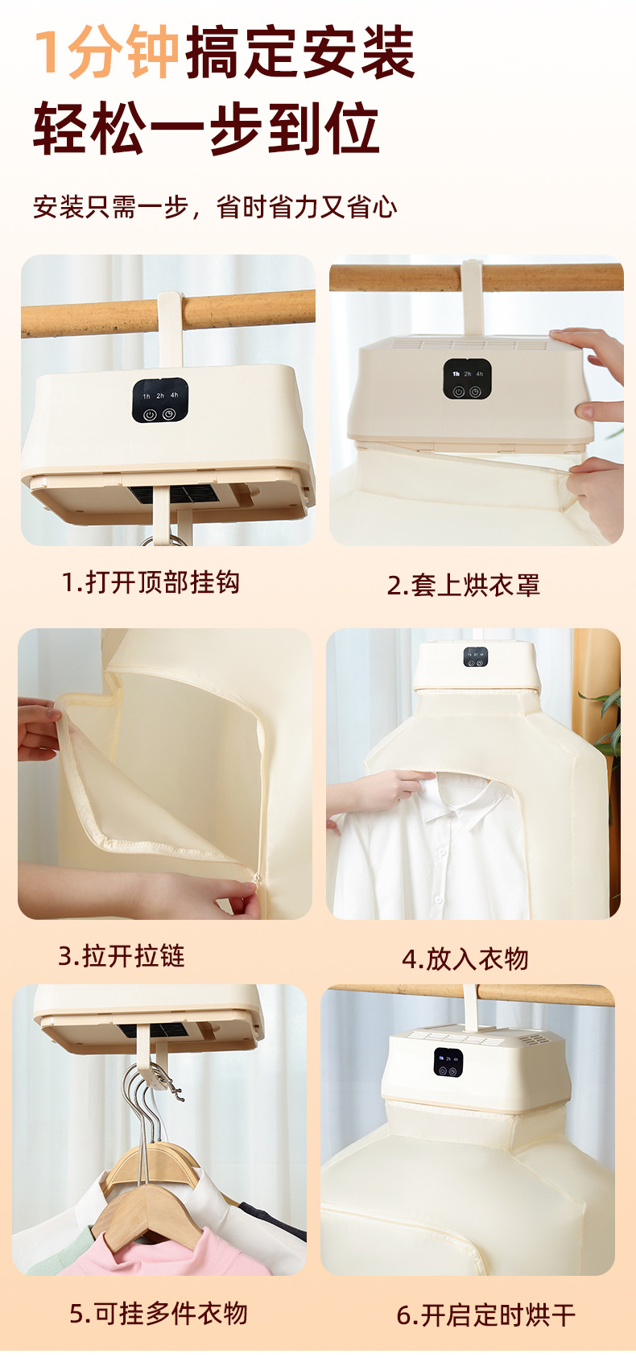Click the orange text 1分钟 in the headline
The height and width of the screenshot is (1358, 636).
106,52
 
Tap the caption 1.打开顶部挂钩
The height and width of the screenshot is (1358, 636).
151,582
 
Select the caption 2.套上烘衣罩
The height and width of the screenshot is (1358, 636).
464,585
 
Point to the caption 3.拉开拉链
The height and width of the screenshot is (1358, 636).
122,955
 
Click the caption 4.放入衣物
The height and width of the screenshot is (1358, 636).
465,958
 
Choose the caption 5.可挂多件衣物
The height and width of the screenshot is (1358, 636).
159,1314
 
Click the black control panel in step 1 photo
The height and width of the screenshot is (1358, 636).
160,401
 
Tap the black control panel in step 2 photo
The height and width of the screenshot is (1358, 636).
467,379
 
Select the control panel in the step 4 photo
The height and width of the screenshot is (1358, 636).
476,657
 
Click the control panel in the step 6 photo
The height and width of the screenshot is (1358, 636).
448,1062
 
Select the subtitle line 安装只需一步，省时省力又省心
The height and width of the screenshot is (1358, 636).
215,207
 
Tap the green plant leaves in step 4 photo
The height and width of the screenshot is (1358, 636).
605,727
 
